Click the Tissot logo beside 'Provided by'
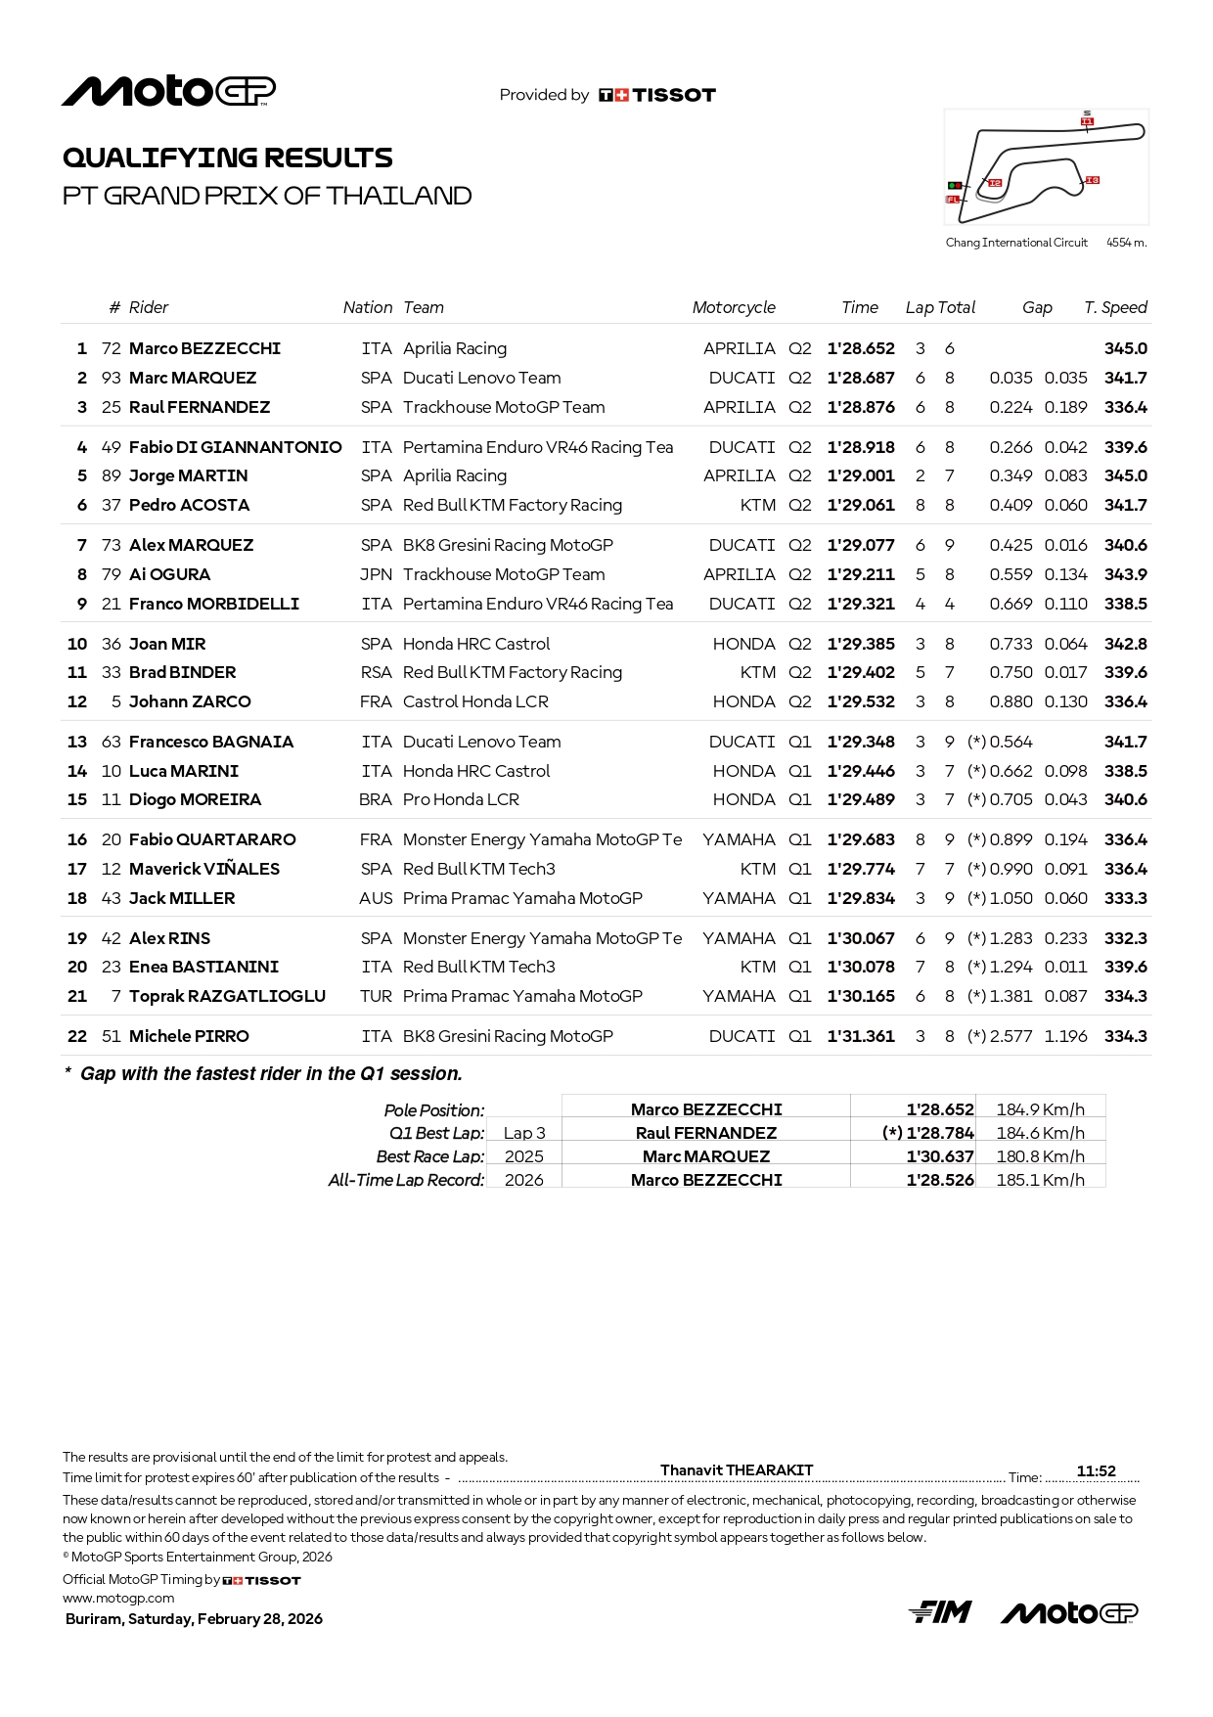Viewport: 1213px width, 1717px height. pos(657,95)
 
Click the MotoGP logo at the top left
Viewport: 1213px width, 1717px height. pos(168,91)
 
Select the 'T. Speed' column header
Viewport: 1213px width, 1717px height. pos(1115,307)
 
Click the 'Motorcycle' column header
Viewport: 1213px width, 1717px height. pos(734,307)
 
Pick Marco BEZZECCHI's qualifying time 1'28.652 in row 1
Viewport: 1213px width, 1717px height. pos(861,348)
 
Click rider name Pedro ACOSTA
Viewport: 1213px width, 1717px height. pos(190,505)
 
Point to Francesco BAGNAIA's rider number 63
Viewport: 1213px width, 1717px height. pos(112,742)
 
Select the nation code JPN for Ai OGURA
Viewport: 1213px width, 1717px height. pos(376,574)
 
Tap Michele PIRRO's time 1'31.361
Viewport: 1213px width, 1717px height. pos(861,1036)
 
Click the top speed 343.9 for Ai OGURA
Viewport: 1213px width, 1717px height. pos(1126,574)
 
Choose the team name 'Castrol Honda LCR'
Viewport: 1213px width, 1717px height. pos(475,701)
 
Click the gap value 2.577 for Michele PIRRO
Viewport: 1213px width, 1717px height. pos(1011,1036)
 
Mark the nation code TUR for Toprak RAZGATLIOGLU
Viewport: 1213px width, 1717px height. pos(376,996)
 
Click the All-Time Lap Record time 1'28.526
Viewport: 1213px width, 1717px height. pos(940,1180)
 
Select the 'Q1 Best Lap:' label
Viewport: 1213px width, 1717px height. pos(436,1133)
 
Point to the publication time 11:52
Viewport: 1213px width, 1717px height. pos(1096,1470)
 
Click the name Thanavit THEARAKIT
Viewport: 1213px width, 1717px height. pos(737,1469)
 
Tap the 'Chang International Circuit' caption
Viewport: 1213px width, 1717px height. pos(1016,243)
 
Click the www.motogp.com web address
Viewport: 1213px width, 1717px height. pos(118,1598)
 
